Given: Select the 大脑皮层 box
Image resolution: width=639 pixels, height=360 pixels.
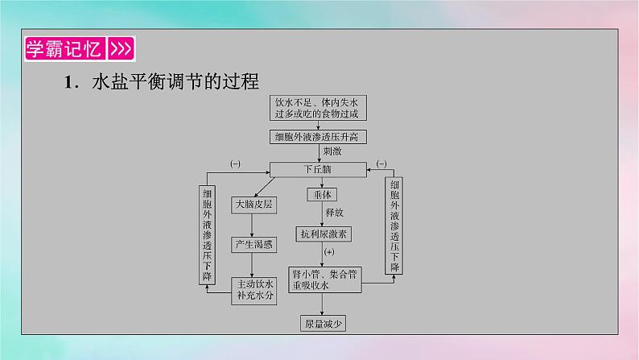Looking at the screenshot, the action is (x=254, y=205).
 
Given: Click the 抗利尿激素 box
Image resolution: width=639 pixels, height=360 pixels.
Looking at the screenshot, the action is (x=322, y=234).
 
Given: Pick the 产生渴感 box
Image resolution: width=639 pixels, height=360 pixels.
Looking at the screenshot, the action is (x=254, y=243).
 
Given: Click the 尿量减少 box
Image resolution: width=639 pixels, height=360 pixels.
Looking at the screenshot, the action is (x=322, y=324).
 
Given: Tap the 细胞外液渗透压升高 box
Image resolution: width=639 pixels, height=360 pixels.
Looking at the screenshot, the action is (x=319, y=137).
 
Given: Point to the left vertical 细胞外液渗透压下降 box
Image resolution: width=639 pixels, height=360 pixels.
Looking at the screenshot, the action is (x=208, y=234).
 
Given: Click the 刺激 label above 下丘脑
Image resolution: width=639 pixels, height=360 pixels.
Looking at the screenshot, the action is (x=333, y=151).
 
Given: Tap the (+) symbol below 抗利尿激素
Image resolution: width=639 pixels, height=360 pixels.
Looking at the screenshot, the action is (x=328, y=253).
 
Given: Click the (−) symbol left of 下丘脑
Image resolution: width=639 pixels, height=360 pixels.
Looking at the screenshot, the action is (x=235, y=164).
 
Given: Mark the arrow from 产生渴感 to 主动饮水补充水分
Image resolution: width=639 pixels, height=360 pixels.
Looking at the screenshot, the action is (x=254, y=265).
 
